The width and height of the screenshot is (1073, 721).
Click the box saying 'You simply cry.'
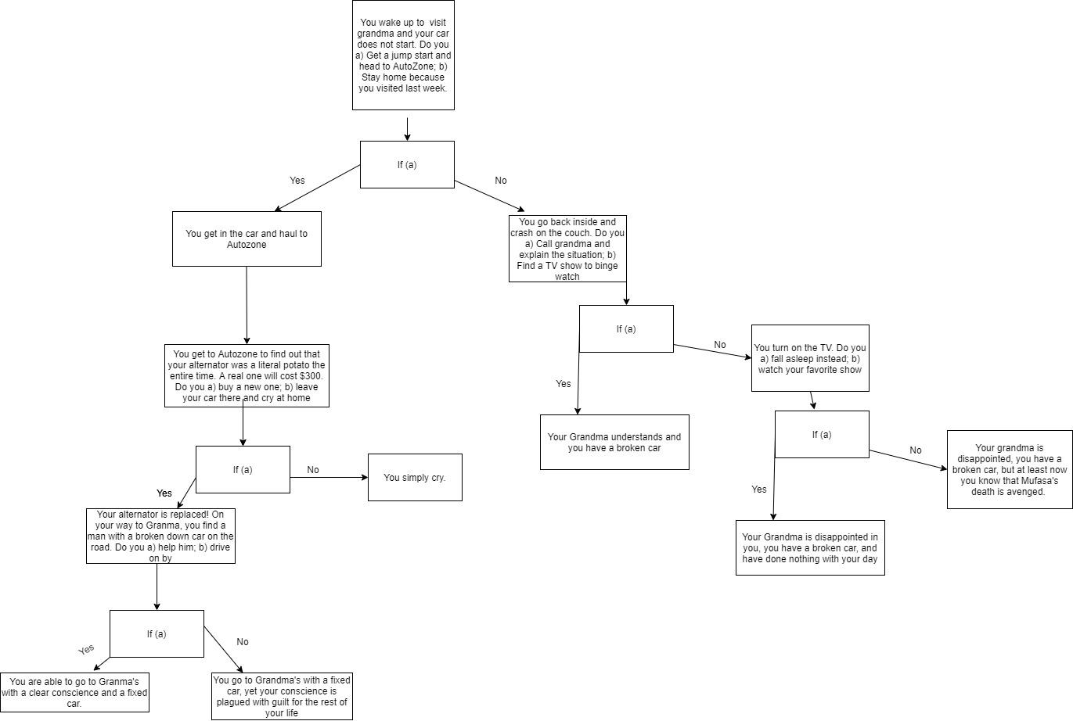tap(415, 477)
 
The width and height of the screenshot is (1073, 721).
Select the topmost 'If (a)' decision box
tap(407, 164)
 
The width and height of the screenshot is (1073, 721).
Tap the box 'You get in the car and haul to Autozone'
tap(247, 239)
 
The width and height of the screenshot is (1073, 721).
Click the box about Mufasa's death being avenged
tap(1010, 469)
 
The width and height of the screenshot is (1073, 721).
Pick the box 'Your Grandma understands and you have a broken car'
tap(614, 442)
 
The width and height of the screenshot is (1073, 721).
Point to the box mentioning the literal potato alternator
tap(247, 375)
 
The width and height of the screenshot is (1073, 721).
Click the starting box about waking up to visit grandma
tap(403, 55)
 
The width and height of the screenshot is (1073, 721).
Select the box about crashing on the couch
tap(567, 249)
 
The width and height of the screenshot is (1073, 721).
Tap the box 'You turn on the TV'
tap(810, 358)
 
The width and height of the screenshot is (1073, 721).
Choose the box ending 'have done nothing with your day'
tap(810, 547)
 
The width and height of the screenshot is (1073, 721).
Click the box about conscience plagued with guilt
tap(282, 696)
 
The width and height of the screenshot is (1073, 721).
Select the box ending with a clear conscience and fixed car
tap(74, 692)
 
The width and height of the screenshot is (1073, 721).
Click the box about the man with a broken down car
tap(160, 536)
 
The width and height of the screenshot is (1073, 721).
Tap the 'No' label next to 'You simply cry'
tap(313, 470)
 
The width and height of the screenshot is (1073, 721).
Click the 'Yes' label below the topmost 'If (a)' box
tap(297, 181)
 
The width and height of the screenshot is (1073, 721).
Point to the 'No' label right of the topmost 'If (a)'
tap(501, 181)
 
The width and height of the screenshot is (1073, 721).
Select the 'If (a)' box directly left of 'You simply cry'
tap(243, 469)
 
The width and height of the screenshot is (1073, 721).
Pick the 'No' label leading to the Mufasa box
tap(916, 450)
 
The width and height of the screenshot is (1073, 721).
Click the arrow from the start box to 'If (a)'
tap(407, 128)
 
